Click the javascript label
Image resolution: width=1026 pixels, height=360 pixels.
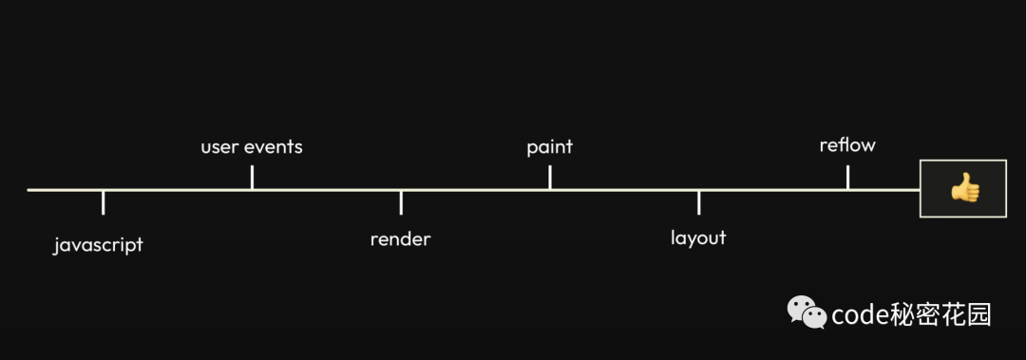click(x=98, y=245)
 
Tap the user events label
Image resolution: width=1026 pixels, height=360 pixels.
click(x=252, y=147)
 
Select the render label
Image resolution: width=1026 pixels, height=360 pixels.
click(x=400, y=239)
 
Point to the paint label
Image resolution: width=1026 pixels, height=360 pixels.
click(x=549, y=147)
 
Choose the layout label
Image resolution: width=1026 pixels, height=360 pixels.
click(x=698, y=237)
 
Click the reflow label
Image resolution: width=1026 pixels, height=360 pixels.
click(x=847, y=145)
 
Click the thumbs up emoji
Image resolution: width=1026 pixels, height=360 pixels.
click(x=964, y=188)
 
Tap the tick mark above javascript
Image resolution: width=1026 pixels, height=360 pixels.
click(x=104, y=202)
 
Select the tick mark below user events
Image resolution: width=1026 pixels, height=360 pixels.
click(x=252, y=178)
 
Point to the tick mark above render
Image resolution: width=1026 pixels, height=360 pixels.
click(x=401, y=202)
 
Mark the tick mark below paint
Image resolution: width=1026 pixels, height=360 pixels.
click(x=550, y=178)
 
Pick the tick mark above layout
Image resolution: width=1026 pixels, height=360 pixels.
click(x=699, y=202)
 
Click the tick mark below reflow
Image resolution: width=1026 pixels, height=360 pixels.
click(x=847, y=178)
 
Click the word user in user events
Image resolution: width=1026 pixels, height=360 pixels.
click(x=219, y=147)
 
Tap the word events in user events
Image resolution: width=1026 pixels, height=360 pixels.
click(x=274, y=147)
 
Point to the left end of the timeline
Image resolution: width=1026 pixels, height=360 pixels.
click(x=29, y=190)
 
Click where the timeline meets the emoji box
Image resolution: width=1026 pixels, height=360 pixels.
click(x=920, y=190)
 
